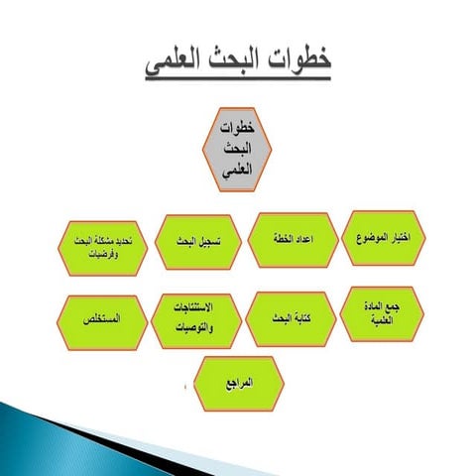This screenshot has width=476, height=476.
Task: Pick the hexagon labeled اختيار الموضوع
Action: (x=382, y=239)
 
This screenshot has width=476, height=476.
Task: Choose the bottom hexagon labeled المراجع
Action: (x=241, y=384)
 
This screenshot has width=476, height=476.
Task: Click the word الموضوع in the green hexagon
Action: (x=370, y=239)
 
